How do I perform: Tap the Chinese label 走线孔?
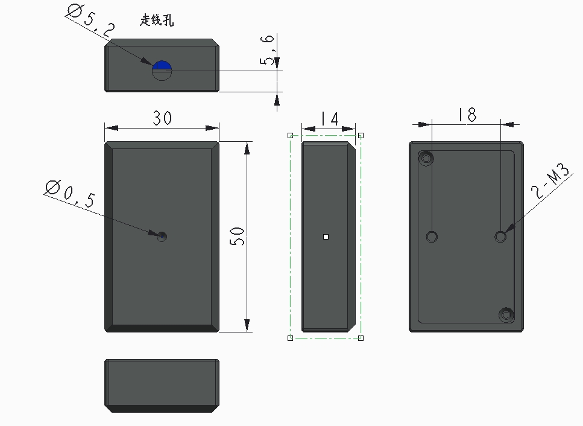pos(157,20)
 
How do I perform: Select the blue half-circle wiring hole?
pos(162,66)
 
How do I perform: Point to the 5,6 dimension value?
pos(267,49)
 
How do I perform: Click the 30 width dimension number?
pos(163,118)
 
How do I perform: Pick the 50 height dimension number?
pos(237,237)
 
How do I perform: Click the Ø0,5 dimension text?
pos(70,194)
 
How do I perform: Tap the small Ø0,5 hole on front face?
pos(162,237)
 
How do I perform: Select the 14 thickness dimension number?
pos(329,119)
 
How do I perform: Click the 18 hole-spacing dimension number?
pos(467,115)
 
